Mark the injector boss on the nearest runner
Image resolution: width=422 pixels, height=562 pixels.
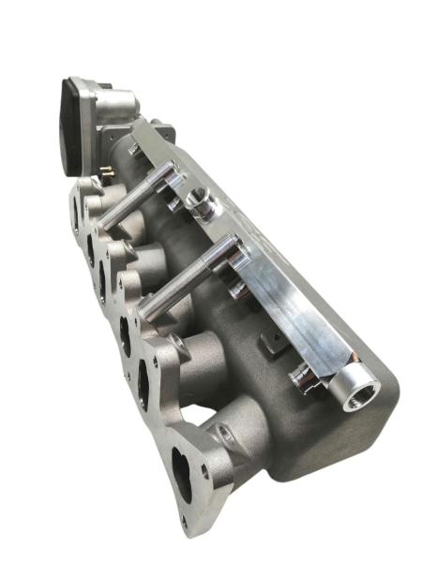[x=223, y=434]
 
